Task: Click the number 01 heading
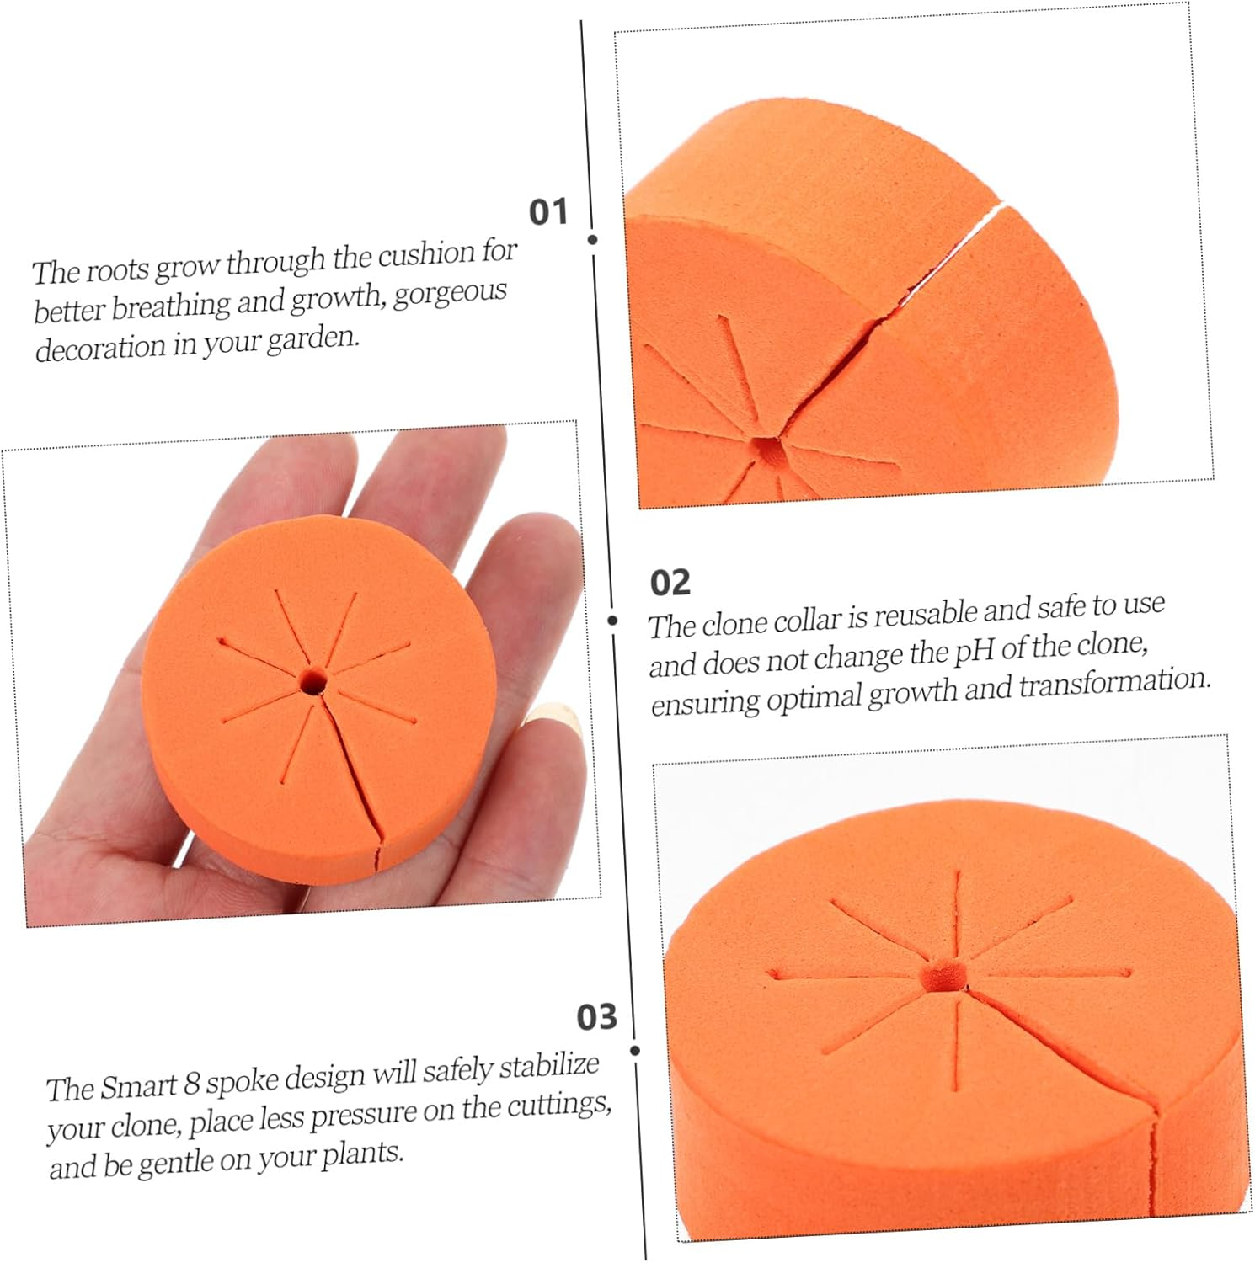(x=548, y=211)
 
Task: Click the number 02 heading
(x=670, y=583)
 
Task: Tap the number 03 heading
(x=597, y=1017)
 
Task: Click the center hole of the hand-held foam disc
(x=314, y=680)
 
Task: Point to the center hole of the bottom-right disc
(x=945, y=974)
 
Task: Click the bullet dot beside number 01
(x=593, y=240)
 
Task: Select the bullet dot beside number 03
(x=635, y=1051)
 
